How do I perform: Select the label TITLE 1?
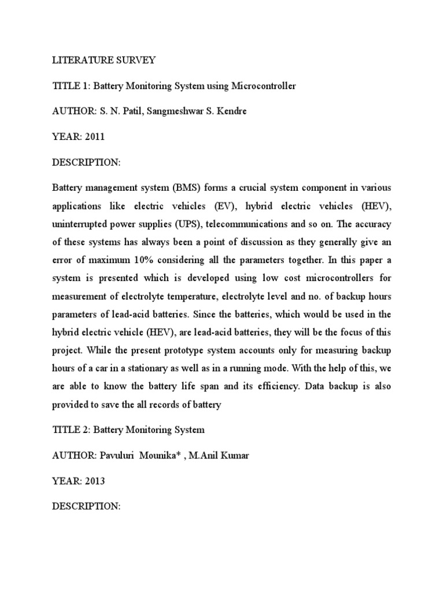71,86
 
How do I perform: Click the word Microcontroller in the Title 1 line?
264,86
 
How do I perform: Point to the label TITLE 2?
71,430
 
